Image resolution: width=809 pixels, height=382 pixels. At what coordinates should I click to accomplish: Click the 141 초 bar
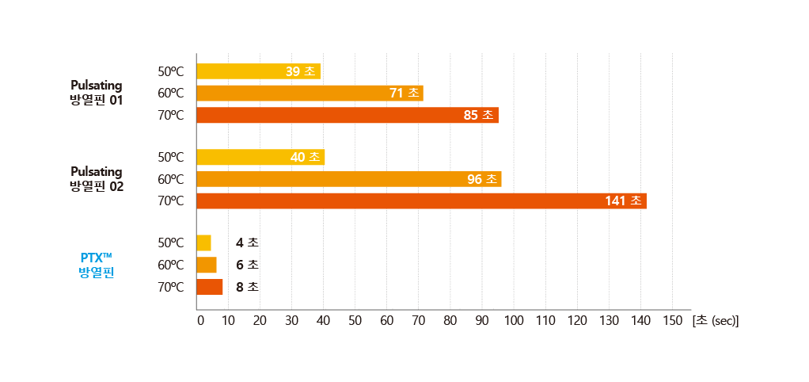(x=421, y=201)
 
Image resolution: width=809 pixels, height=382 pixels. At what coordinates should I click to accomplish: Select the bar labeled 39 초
(x=258, y=71)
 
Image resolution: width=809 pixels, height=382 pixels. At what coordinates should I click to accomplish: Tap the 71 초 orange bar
(x=310, y=94)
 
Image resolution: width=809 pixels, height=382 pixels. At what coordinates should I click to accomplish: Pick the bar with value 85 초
(x=347, y=116)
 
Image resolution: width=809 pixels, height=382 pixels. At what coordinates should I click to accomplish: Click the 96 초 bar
(x=348, y=179)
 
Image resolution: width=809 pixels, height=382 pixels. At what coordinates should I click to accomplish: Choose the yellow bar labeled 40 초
(x=260, y=157)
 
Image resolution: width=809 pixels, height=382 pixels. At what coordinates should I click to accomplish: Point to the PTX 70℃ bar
(x=210, y=287)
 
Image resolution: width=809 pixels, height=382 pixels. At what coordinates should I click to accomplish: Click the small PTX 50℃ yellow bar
(x=203, y=243)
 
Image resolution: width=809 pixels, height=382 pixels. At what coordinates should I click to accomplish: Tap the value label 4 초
(x=247, y=243)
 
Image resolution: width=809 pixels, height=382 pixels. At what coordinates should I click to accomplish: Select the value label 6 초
(x=247, y=265)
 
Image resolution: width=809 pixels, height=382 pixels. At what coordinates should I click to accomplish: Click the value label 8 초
(x=247, y=287)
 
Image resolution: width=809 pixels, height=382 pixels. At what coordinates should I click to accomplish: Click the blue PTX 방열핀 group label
(x=97, y=265)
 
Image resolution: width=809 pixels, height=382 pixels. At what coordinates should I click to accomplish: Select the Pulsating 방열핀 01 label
(x=96, y=92)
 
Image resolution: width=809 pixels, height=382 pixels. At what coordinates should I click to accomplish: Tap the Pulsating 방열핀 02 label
(x=96, y=178)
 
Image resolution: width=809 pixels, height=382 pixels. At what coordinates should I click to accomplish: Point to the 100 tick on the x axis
(x=514, y=321)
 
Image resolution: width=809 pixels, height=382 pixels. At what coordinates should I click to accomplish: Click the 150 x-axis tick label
(x=672, y=321)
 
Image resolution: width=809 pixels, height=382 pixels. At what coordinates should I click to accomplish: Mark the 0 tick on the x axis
(x=199, y=321)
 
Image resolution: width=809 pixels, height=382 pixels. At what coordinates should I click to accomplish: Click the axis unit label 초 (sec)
(x=715, y=321)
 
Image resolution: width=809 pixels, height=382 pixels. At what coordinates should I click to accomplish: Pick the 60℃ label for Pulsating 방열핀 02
(x=170, y=179)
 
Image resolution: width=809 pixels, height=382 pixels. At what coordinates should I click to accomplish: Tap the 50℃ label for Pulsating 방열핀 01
(x=170, y=71)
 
